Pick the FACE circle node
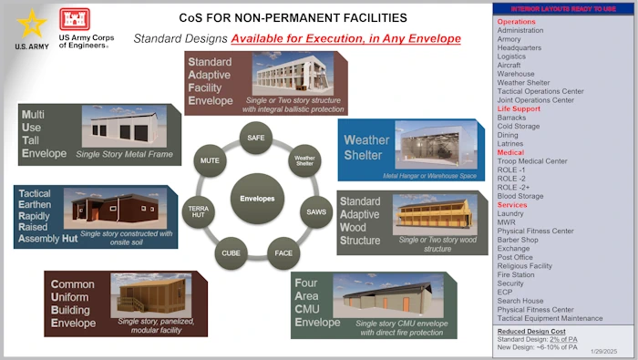284,252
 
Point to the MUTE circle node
211,160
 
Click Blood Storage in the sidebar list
520,196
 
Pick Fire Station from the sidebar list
516,274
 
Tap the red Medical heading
510,152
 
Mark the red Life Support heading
519,108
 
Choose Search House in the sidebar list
520,301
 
